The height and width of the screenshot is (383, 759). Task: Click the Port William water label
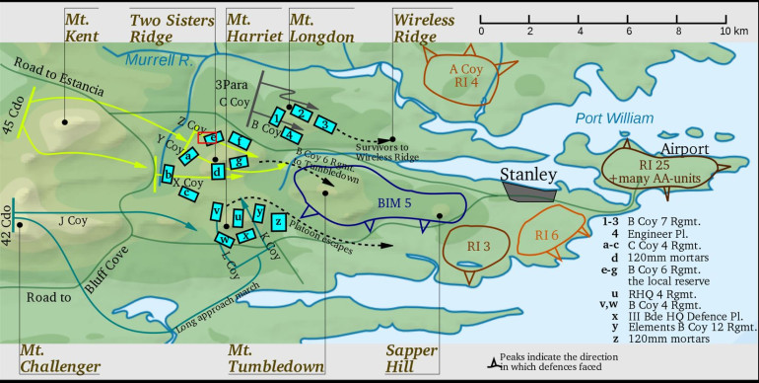[614, 118]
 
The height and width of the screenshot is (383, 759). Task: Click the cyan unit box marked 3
[326, 121]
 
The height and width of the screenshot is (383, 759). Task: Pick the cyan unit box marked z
[279, 221]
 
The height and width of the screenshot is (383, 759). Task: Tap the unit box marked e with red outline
[209, 138]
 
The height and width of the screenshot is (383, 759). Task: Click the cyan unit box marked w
[225, 238]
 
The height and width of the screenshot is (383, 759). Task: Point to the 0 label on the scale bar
[481, 32]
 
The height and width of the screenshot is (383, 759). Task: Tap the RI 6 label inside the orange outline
[548, 235]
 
